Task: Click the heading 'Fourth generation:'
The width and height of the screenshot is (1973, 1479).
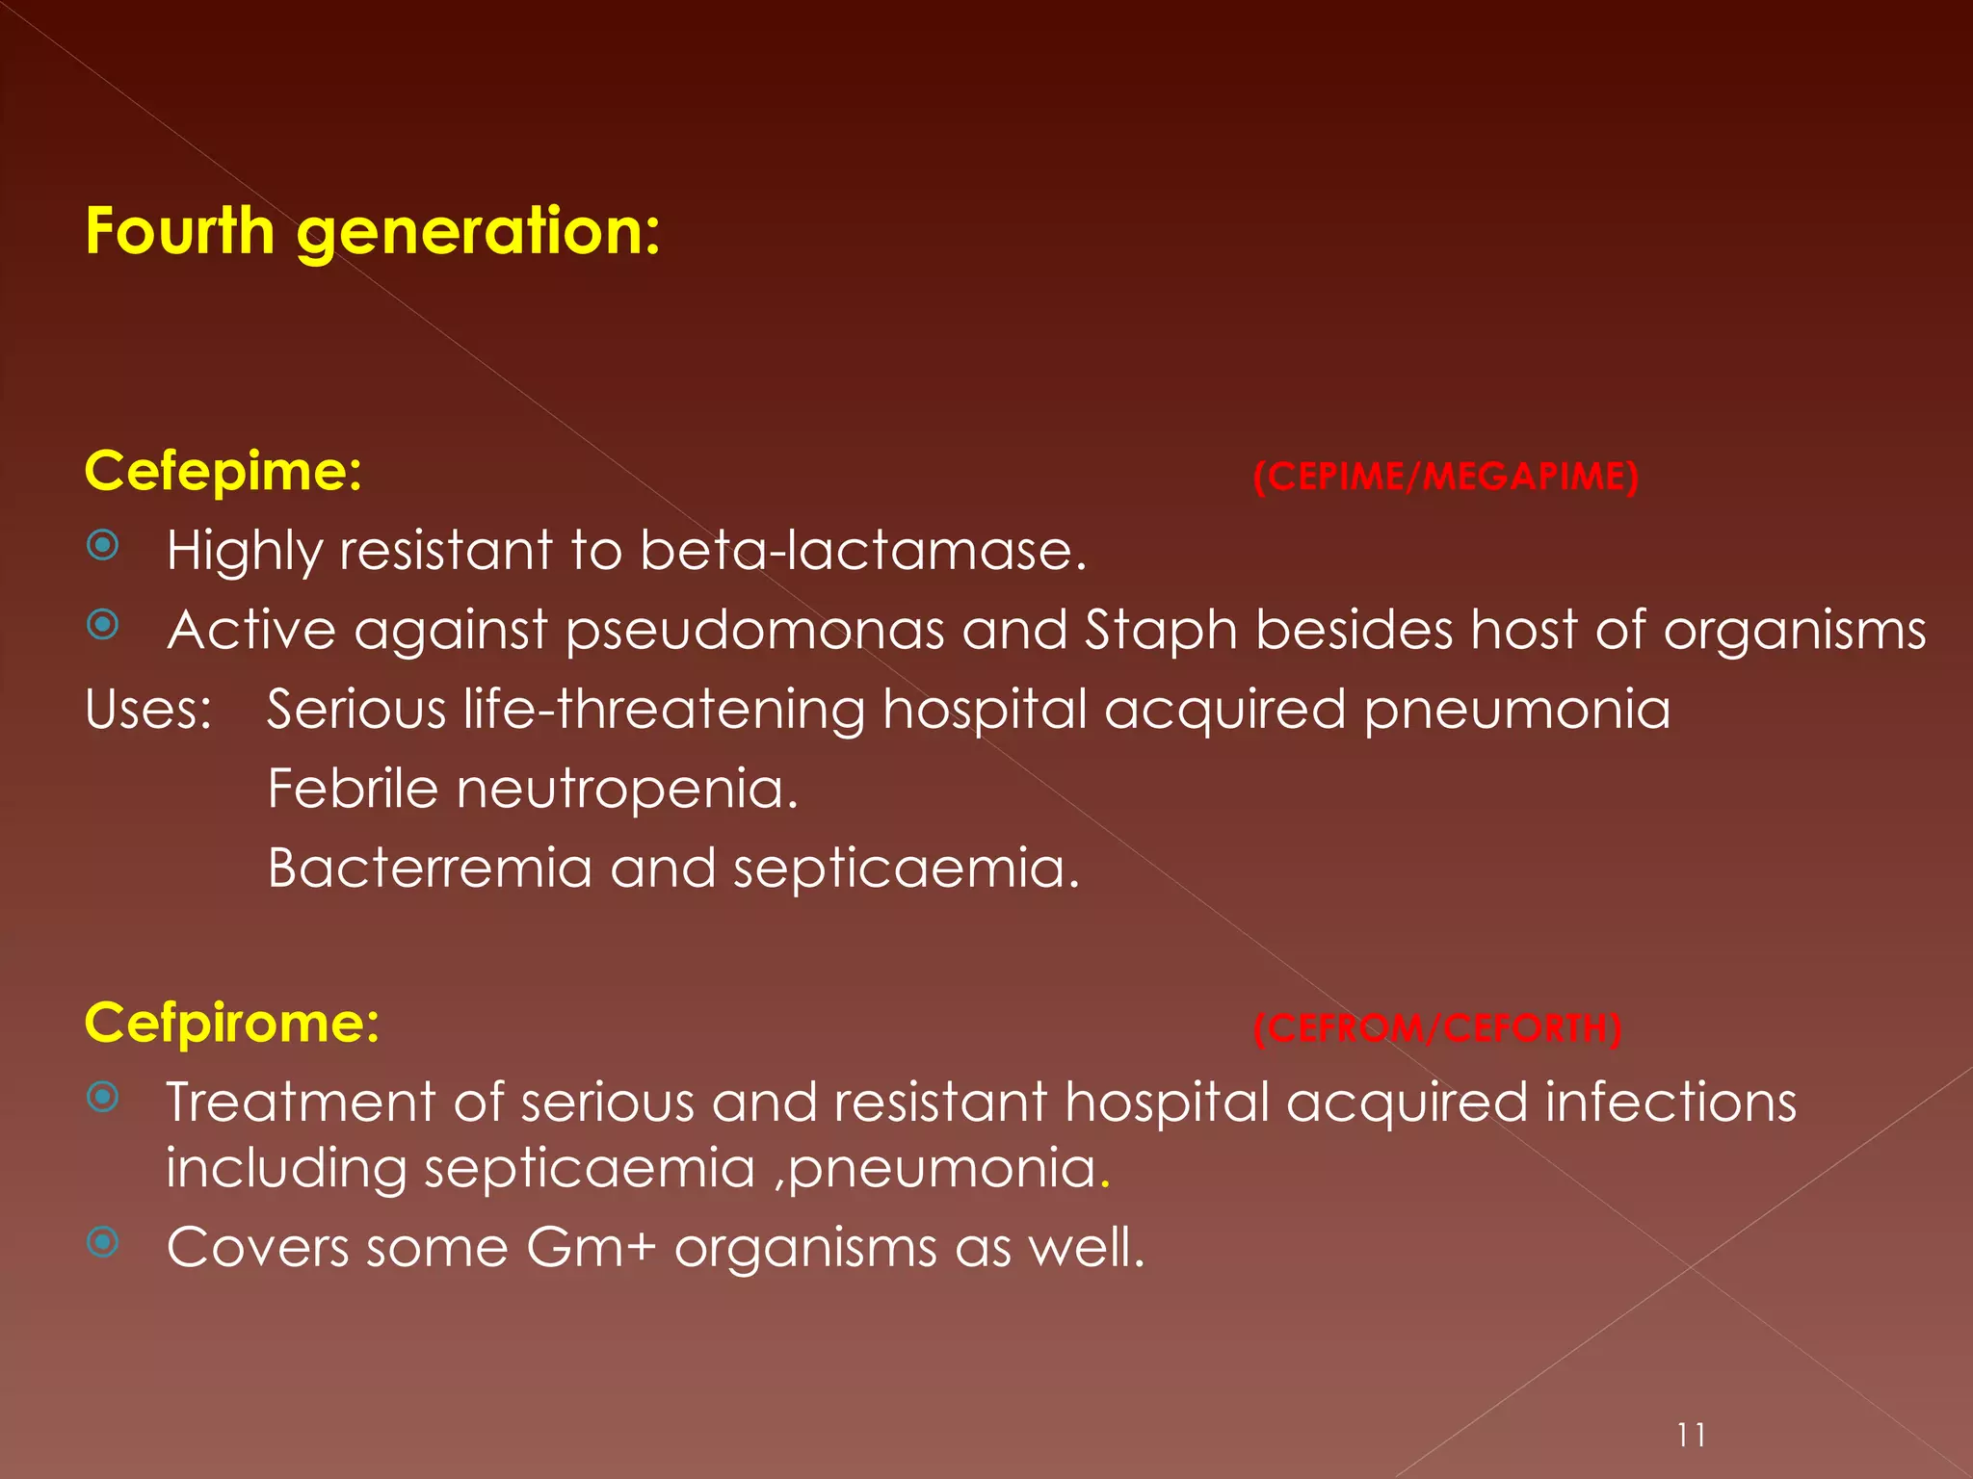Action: (373, 231)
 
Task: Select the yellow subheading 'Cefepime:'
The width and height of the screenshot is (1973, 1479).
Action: (224, 472)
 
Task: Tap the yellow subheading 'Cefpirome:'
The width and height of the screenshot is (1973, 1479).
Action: (232, 1023)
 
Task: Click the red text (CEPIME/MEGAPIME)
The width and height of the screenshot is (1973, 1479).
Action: (1446, 477)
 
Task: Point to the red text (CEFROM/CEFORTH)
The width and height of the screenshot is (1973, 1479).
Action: (1437, 1028)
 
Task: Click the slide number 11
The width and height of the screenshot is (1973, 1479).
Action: (1691, 1436)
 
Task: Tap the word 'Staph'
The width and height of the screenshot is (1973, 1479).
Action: (1161, 631)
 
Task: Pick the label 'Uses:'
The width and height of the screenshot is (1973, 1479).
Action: (148, 710)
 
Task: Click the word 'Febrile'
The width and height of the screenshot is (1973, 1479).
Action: (353, 789)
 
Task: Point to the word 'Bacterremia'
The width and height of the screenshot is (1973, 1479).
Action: (430, 868)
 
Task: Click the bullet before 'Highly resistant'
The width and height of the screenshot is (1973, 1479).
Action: (103, 546)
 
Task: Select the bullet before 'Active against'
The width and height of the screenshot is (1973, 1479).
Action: (103, 626)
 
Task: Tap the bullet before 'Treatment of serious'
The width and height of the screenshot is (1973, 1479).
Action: (103, 1097)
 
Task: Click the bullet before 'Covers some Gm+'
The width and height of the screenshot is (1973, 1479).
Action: (103, 1242)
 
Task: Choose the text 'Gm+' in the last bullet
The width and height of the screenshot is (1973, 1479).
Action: (591, 1247)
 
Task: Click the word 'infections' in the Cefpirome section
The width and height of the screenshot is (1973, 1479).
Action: (1670, 1102)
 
